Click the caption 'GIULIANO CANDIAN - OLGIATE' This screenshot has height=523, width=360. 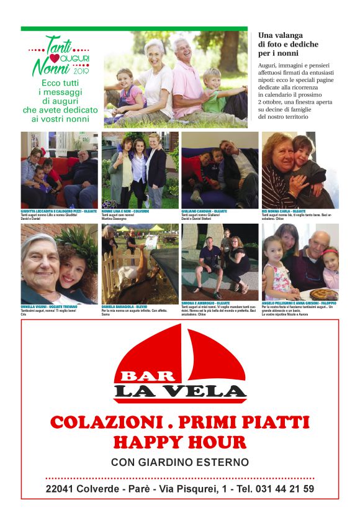pyautogui.click(x=204, y=211)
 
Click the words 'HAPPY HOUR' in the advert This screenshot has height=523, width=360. pyautogui.click(x=179, y=442)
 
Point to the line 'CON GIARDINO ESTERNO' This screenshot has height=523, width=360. pyautogui.click(x=179, y=462)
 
